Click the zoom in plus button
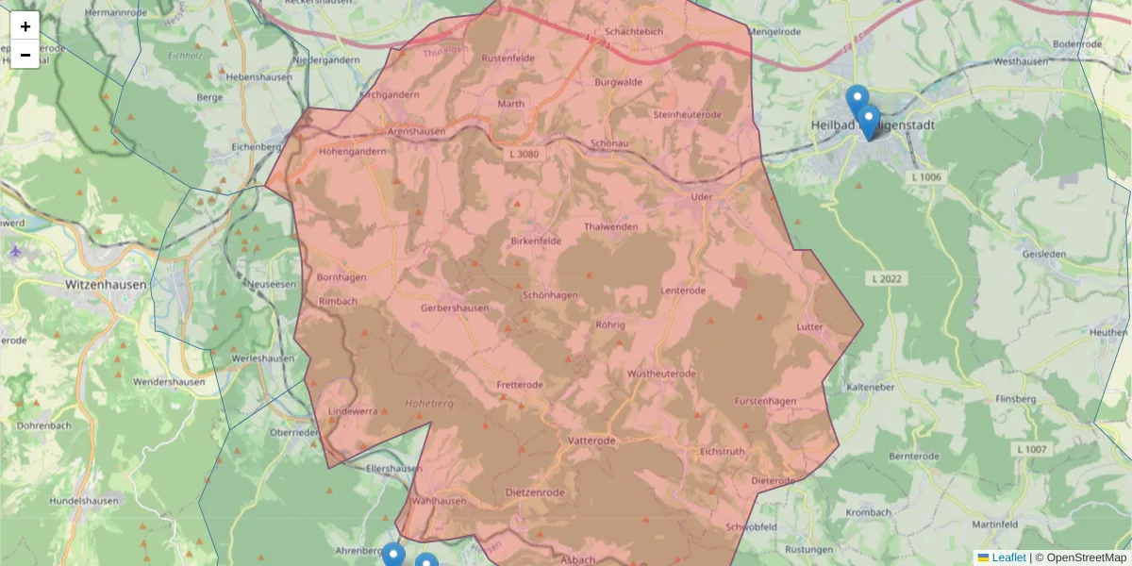(x=25, y=26)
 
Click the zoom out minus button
(x=25, y=55)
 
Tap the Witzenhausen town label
(x=103, y=283)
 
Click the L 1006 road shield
(x=926, y=177)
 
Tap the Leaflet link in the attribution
(x=1007, y=558)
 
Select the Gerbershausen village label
(x=455, y=308)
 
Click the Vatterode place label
(x=592, y=441)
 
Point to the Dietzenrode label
(x=535, y=492)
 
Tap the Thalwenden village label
(x=611, y=227)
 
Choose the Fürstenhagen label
(x=765, y=401)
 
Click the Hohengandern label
(x=353, y=151)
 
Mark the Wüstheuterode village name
(x=661, y=375)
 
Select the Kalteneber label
(x=871, y=388)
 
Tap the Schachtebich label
(x=634, y=31)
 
